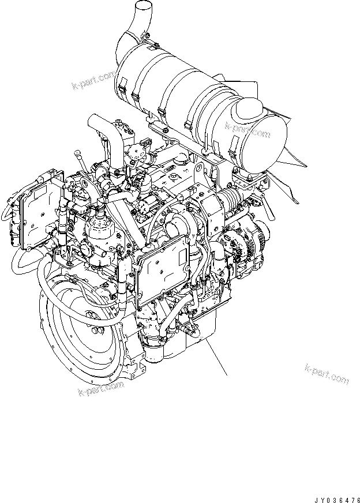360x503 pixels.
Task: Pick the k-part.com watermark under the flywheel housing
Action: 101,388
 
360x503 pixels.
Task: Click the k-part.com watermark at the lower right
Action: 327,374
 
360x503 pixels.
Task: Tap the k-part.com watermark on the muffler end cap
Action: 247,129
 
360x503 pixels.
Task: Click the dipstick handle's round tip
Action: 76,152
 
